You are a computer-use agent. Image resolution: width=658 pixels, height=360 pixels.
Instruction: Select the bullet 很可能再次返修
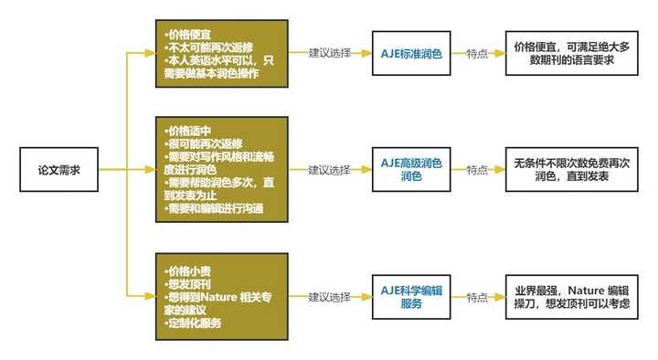[196, 143]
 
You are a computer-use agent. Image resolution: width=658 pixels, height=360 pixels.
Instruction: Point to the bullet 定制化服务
[192, 323]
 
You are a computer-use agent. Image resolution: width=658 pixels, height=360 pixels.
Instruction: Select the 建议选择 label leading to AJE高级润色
[329, 170]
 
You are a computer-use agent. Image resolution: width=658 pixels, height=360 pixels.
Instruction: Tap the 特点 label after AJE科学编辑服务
[477, 297]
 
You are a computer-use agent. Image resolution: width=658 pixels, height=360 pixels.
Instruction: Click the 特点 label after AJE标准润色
[477, 54]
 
